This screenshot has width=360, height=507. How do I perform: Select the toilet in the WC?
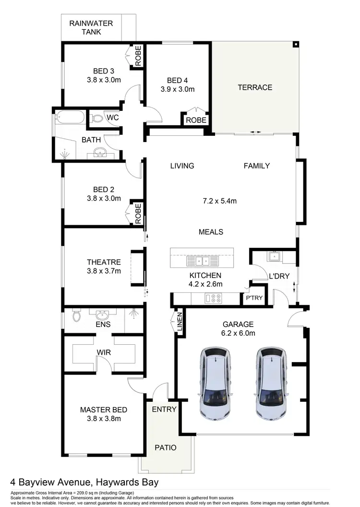[96, 118]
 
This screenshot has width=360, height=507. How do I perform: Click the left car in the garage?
[215, 382]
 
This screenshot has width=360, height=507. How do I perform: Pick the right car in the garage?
[272, 382]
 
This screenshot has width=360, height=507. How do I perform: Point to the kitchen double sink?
[202, 261]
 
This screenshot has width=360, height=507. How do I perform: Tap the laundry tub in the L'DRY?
[274, 256]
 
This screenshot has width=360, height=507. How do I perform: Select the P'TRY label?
[254, 298]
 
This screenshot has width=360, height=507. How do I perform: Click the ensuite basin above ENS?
[103, 315]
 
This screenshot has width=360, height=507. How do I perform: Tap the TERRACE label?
[255, 87]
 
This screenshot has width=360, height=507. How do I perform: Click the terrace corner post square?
[296, 45]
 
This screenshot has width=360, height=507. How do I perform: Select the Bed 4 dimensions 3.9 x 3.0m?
[177, 89]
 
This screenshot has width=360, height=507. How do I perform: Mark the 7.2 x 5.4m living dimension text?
[219, 201]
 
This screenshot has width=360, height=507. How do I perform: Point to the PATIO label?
[165, 447]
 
